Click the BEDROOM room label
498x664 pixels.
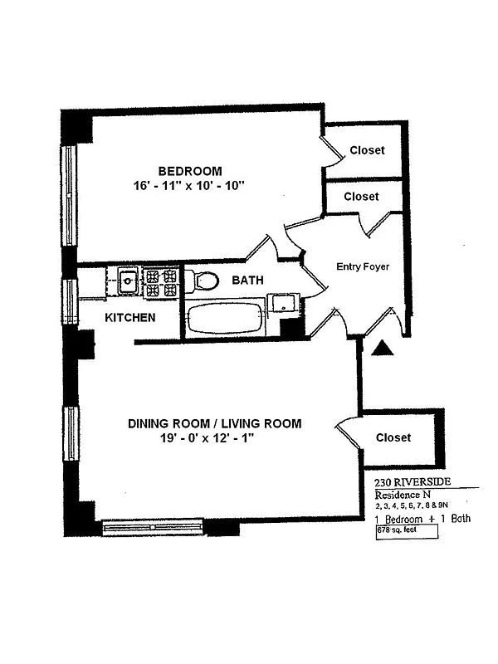(190, 171)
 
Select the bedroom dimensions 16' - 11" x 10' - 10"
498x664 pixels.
(189, 185)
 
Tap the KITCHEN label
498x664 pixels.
(130, 318)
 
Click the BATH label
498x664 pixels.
(247, 280)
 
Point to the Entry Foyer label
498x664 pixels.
(363, 266)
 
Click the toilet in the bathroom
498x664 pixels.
(202, 281)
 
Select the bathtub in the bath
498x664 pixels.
(225, 318)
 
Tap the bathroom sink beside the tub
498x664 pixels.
(284, 303)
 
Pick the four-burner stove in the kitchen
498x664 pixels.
(161, 282)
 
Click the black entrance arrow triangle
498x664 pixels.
(383, 348)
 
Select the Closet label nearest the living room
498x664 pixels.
(393, 437)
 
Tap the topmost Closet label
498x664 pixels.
(367, 150)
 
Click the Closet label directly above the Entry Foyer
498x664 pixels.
(361, 197)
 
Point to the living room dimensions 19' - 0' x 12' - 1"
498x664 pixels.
(206, 438)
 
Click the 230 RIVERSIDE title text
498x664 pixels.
(413, 482)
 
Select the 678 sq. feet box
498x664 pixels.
(407, 532)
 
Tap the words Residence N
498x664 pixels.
(403, 495)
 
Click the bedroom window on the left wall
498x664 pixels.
(69, 196)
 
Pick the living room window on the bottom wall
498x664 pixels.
(153, 528)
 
